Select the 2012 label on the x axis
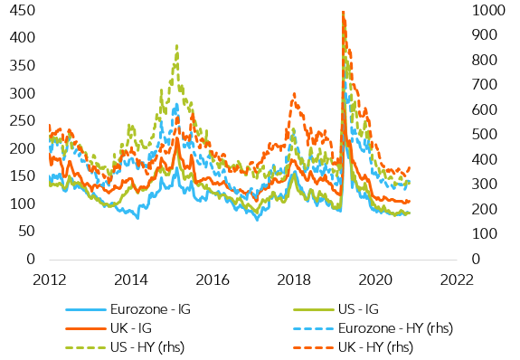[49, 279]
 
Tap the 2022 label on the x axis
[455, 279]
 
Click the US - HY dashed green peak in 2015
[176, 45]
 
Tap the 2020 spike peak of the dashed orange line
[343, 13]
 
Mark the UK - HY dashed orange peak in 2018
[294, 93]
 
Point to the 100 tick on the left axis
[17, 204]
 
